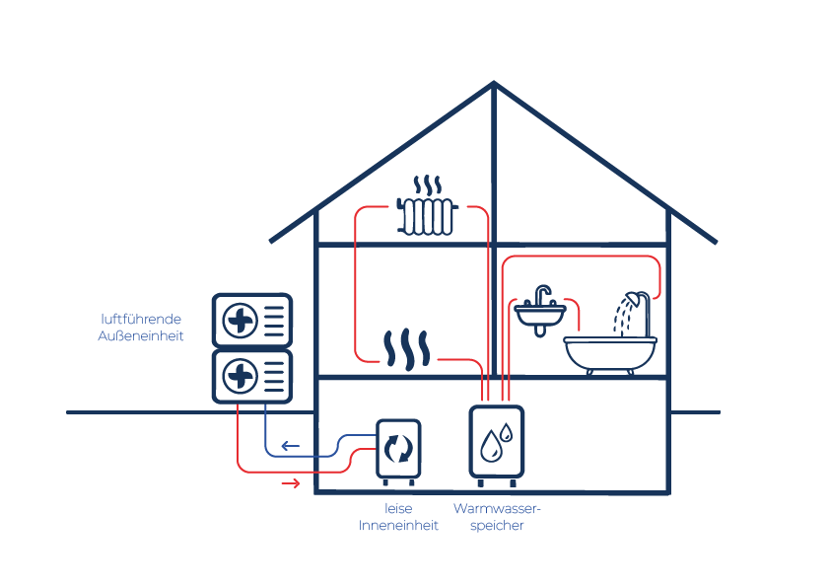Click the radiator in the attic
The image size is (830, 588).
pyautogui.click(x=427, y=216)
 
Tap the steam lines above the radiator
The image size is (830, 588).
pyautogui.click(x=427, y=184)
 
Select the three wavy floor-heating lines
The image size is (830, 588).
pyautogui.click(x=406, y=349)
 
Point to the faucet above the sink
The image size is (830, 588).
pyautogui.click(x=541, y=296)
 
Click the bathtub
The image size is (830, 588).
pyautogui.click(x=610, y=354)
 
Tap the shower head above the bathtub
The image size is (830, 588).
pyautogui.click(x=633, y=299)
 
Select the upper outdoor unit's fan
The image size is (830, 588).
pyautogui.click(x=241, y=321)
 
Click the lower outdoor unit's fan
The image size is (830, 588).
pyautogui.click(x=241, y=376)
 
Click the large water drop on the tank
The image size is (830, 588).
pyautogui.click(x=491, y=447)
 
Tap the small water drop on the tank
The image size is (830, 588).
pyautogui.click(x=507, y=432)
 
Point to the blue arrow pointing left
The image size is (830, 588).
pyautogui.click(x=291, y=446)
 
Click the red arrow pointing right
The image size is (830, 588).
pyautogui.click(x=291, y=483)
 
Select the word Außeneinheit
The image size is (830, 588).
pyautogui.click(x=141, y=335)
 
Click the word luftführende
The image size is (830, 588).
pyautogui.click(x=141, y=319)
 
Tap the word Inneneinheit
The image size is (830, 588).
pyautogui.click(x=398, y=526)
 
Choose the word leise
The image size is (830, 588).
pyautogui.click(x=398, y=508)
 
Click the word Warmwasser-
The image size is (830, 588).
pyautogui.click(x=497, y=508)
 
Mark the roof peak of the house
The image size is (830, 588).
pyautogui.click(x=494, y=83)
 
